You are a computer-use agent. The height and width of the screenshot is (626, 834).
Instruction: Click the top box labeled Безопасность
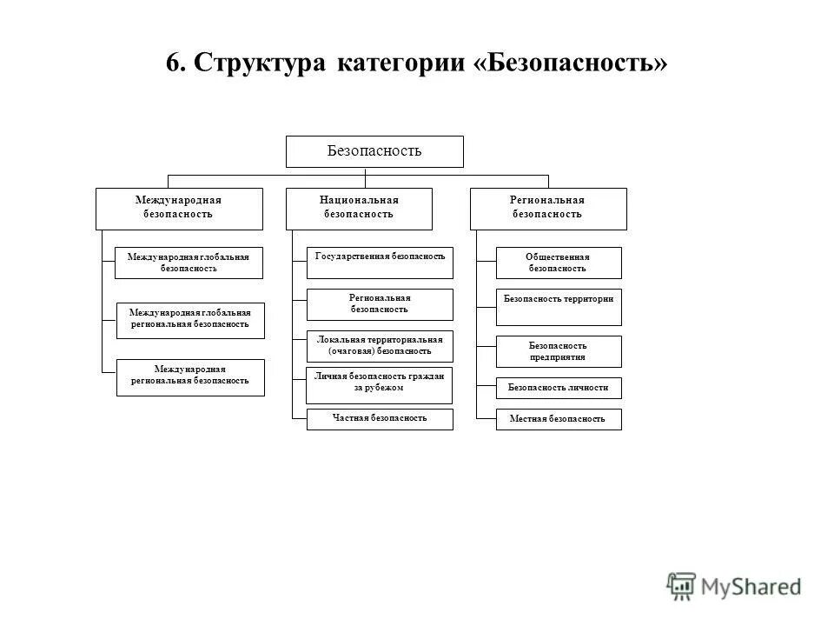pyautogui.click(x=374, y=151)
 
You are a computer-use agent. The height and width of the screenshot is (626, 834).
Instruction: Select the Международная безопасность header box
pyautogui.click(x=178, y=209)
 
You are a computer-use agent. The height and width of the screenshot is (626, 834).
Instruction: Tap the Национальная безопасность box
pyautogui.click(x=359, y=209)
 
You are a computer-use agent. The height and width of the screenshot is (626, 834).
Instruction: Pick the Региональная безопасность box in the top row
pyautogui.click(x=547, y=209)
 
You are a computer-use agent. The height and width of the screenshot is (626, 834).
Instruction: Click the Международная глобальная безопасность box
pyautogui.click(x=189, y=263)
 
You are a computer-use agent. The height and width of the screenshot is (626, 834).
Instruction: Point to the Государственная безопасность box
pyautogui.click(x=380, y=257)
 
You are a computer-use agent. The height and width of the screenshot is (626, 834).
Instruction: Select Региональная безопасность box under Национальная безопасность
pyautogui.click(x=380, y=304)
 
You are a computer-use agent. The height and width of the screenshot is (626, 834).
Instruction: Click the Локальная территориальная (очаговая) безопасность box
pyautogui.click(x=380, y=346)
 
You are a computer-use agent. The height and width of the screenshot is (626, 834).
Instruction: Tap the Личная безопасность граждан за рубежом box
pyautogui.click(x=380, y=384)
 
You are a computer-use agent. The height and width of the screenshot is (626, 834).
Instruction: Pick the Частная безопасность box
pyautogui.click(x=380, y=419)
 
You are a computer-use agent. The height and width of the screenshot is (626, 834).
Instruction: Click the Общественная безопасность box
pyautogui.click(x=559, y=263)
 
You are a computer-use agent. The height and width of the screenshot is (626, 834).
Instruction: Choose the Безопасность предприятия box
pyautogui.click(x=559, y=351)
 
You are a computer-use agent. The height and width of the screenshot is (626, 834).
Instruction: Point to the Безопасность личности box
pyautogui.click(x=559, y=388)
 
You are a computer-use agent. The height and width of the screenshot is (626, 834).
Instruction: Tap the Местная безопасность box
pyautogui.click(x=559, y=419)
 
